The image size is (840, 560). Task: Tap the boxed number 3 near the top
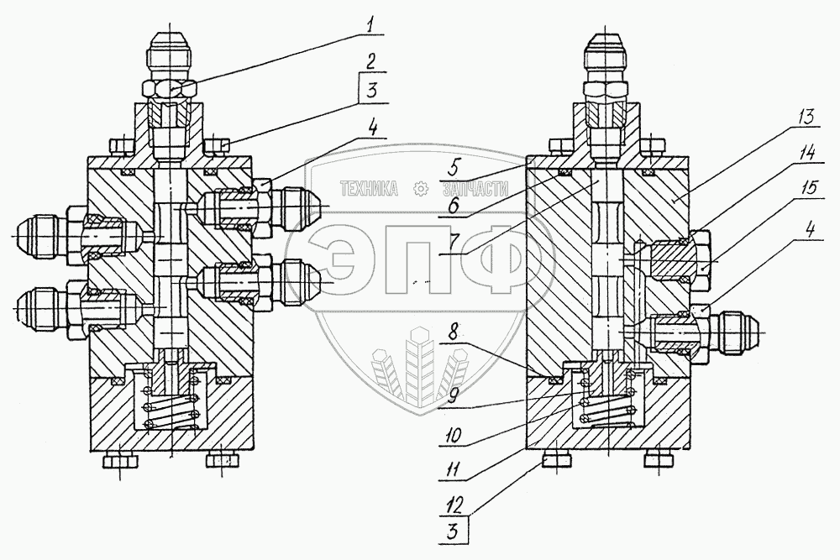(x=370, y=92)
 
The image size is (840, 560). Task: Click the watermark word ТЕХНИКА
(x=368, y=190)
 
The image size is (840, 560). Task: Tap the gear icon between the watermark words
(x=417, y=190)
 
